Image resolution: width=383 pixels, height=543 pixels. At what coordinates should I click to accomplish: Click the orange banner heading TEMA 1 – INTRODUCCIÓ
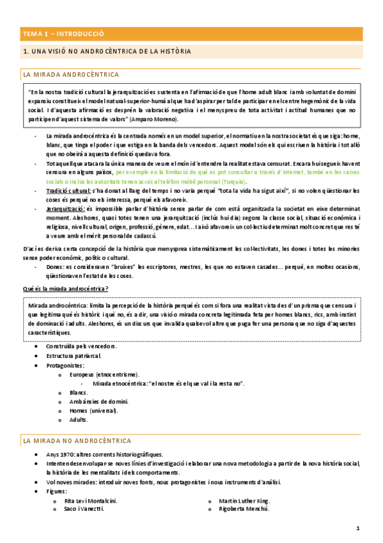(63, 33)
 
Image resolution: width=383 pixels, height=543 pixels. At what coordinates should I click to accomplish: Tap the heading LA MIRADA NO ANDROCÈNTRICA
(77, 441)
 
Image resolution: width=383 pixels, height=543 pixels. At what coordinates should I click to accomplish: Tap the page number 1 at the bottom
(358, 528)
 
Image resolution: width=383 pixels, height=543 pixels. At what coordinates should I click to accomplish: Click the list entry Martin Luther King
(245, 500)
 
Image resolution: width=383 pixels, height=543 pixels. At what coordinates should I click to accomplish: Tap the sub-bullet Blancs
(79, 392)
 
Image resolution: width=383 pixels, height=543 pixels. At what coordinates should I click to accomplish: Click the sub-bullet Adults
(79, 420)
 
